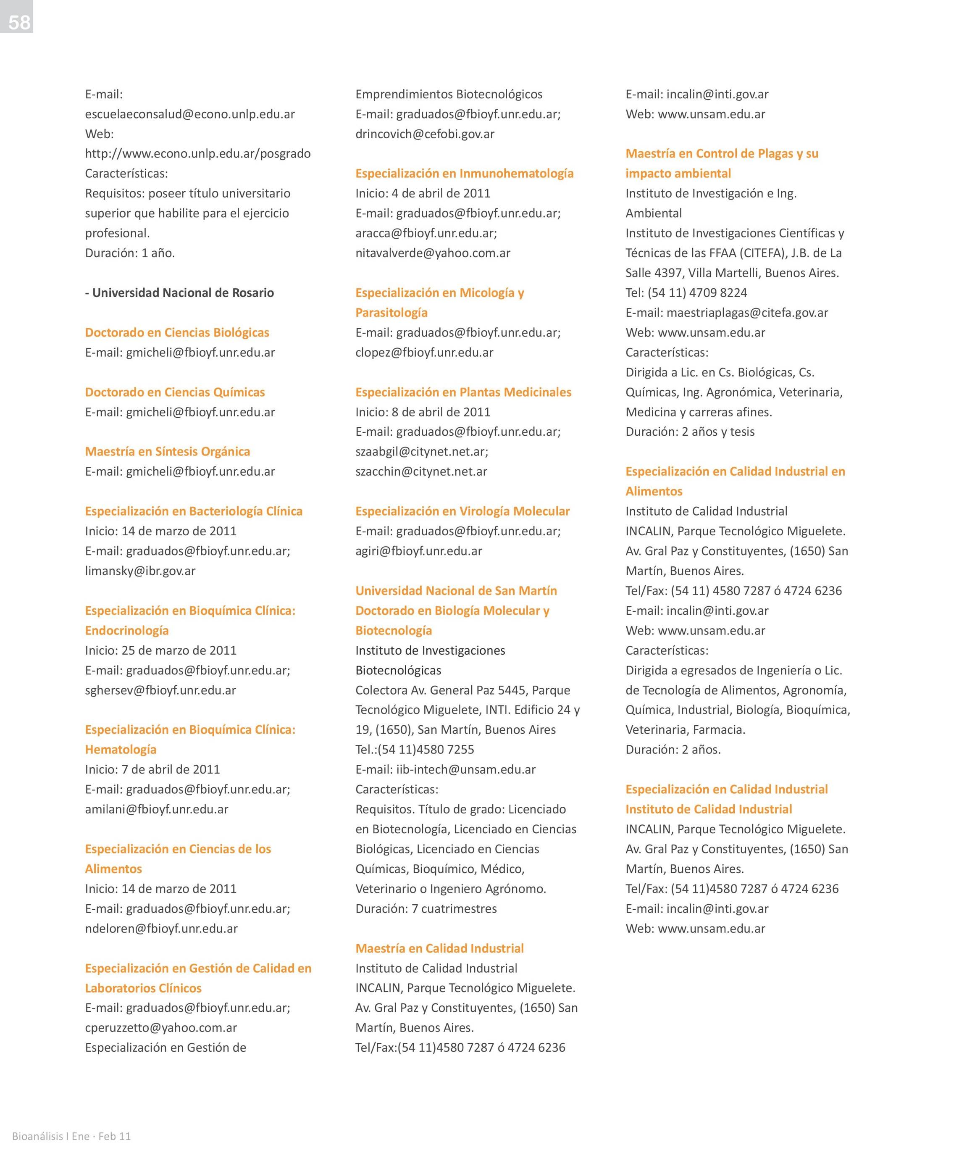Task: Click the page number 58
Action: (x=19, y=22)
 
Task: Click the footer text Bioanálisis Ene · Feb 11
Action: (x=71, y=1136)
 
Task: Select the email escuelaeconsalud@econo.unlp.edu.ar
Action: (x=189, y=114)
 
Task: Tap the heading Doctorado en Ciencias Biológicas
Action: (x=177, y=332)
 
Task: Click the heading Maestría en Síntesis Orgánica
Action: (x=168, y=451)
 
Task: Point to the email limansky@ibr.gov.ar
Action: (x=140, y=571)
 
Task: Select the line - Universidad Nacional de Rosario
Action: (x=179, y=292)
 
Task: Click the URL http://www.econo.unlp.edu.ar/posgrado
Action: (x=197, y=154)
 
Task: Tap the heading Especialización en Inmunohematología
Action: (x=465, y=174)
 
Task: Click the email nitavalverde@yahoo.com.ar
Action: (x=433, y=253)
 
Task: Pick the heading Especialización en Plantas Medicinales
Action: (x=463, y=392)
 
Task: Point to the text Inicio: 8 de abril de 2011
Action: (x=423, y=412)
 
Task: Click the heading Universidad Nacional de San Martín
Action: (x=456, y=591)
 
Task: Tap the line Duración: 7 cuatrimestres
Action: (x=426, y=909)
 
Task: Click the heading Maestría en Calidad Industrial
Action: (x=439, y=948)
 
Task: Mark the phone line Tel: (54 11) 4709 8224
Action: (x=686, y=292)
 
